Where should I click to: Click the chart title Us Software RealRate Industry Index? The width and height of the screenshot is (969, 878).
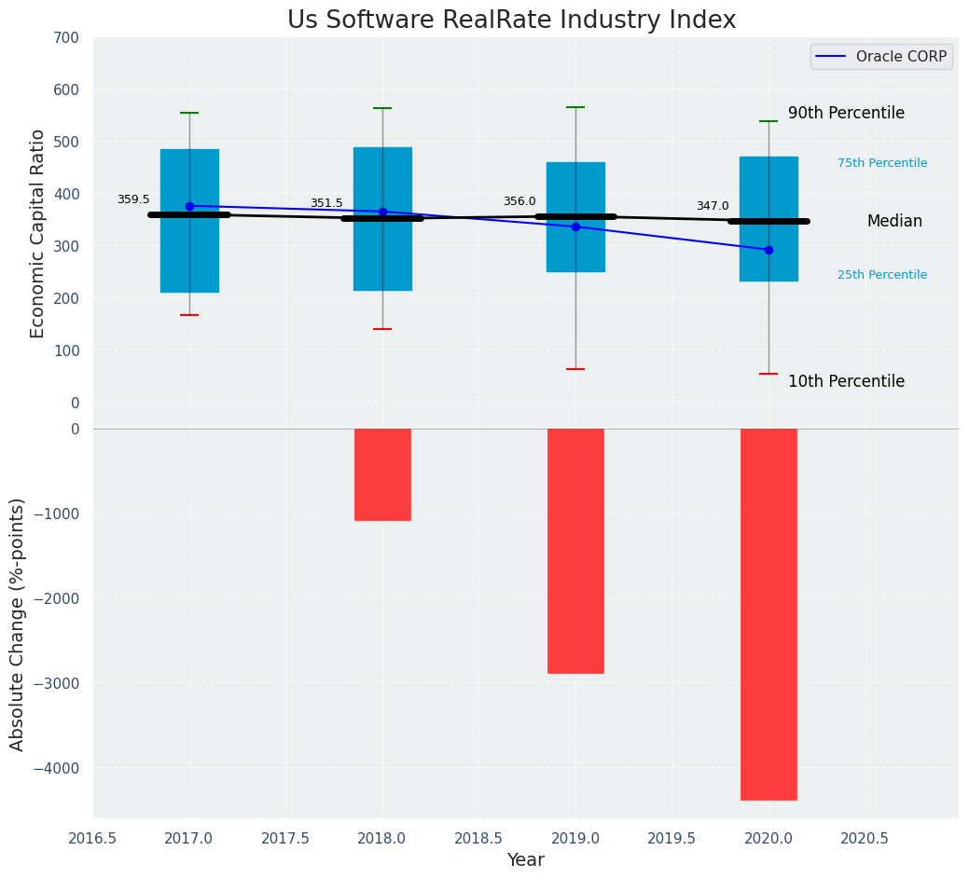(x=511, y=21)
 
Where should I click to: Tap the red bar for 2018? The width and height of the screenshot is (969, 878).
(x=382, y=474)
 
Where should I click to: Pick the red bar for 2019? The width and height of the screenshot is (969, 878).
(x=575, y=551)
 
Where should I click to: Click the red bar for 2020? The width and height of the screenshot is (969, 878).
(x=768, y=614)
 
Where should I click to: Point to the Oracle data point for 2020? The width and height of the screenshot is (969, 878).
(x=768, y=250)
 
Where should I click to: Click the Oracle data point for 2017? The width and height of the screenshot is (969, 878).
(x=189, y=206)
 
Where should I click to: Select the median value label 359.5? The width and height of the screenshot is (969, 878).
(x=133, y=199)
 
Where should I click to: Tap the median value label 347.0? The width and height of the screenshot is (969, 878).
(x=713, y=206)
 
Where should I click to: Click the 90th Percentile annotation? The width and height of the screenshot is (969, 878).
(x=846, y=113)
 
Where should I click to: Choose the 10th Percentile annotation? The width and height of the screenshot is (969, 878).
(x=846, y=381)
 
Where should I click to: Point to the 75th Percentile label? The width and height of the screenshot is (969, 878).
(x=882, y=163)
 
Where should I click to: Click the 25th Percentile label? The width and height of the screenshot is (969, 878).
(x=882, y=275)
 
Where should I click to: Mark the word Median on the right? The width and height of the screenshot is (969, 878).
(x=894, y=221)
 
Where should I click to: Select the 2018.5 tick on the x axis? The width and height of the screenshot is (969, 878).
(x=479, y=838)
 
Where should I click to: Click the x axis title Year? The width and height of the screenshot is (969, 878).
(x=526, y=860)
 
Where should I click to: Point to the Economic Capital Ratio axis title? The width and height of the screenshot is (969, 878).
(x=38, y=233)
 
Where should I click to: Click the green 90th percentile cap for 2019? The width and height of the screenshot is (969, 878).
(x=575, y=107)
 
